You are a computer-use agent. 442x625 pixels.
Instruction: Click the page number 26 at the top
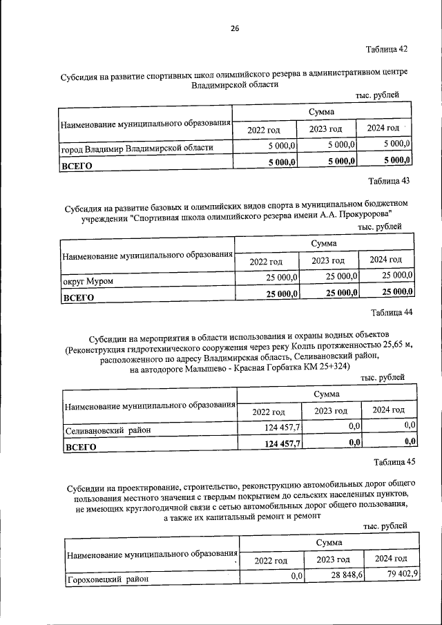pyautogui.click(x=234, y=28)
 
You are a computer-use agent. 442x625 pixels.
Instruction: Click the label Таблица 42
pyautogui.click(x=387, y=49)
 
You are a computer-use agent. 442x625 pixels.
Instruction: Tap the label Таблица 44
pyautogui.click(x=392, y=312)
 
